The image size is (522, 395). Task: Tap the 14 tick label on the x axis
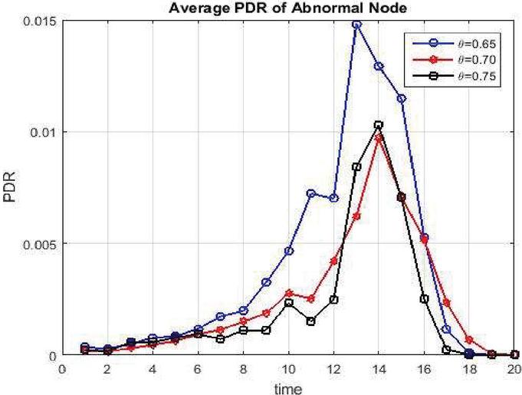click(379, 368)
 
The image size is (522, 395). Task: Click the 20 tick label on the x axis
click(514, 368)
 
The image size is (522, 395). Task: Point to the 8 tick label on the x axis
click(243, 368)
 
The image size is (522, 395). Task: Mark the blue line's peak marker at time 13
click(356, 25)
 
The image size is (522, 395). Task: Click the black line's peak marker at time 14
click(379, 125)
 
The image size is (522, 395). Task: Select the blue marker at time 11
click(311, 193)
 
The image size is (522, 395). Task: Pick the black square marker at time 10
click(288, 303)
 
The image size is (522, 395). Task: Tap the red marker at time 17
click(447, 303)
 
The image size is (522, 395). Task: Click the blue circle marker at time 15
click(402, 98)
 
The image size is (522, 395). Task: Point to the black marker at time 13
click(356, 166)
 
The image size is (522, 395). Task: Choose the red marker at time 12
click(333, 262)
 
